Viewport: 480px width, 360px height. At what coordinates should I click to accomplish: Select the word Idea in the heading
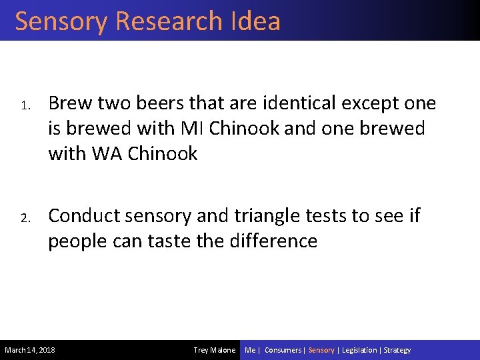tap(257, 21)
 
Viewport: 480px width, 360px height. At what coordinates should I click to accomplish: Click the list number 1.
tap(22, 105)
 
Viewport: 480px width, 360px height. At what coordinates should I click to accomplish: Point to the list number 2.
tap(22, 217)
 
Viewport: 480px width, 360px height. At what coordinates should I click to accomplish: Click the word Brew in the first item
tap(69, 103)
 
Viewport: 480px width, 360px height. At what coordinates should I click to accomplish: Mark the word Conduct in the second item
tap(87, 216)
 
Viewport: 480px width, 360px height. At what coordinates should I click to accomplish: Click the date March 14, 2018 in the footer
tap(30, 350)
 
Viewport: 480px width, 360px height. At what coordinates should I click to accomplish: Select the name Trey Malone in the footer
tap(214, 350)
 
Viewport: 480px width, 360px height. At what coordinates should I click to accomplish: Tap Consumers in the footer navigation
tap(283, 350)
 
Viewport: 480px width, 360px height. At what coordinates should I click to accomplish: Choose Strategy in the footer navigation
tap(397, 350)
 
